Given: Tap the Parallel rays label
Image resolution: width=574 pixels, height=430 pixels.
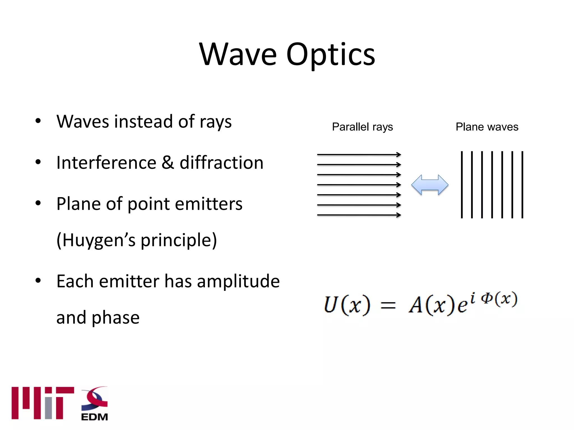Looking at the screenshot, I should pyautogui.click(x=362, y=127).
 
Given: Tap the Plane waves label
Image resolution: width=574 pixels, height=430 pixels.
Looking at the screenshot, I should pyautogui.click(x=487, y=127).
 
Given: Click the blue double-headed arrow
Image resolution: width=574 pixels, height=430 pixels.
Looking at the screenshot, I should pyautogui.click(x=430, y=185).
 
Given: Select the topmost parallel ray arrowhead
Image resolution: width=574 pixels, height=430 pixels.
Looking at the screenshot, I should pyautogui.click(x=399, y=154).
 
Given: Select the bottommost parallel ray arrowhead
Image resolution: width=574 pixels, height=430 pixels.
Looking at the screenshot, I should pyautogui.click(x=399, y=215).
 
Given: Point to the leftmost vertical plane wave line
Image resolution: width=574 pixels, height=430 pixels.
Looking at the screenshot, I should pyautogui.click(x=462, y=185).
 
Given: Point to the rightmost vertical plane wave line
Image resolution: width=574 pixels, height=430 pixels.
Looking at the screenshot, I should pyautogui.click(x=522, y=185).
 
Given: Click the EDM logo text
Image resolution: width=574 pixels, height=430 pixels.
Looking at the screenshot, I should pyautogui.click(x=94, y=417).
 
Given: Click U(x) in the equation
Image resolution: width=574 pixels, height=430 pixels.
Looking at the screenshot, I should pyautogui.click(x=347, y=305).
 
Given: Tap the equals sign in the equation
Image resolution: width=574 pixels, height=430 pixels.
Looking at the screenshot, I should pyautogui.click(x=388, y=305).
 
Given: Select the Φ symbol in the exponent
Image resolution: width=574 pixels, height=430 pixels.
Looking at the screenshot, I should pyautogui.click(x=487, y=298).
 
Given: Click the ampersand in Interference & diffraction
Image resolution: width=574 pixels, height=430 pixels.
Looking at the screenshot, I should pyautogui.click(x=168, y=163).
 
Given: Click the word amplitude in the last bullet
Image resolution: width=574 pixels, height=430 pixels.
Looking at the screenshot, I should pyautogui.click(x=238, y=281).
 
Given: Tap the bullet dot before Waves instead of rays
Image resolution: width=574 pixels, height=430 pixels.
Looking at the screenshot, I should pyautogui.click(x=38, y=121).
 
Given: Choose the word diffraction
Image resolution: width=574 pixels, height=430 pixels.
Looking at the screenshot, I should pyautogui.click(x=221, y=163).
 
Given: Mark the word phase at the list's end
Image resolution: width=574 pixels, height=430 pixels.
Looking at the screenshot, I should pyautogui.click(x=115, y=318).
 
